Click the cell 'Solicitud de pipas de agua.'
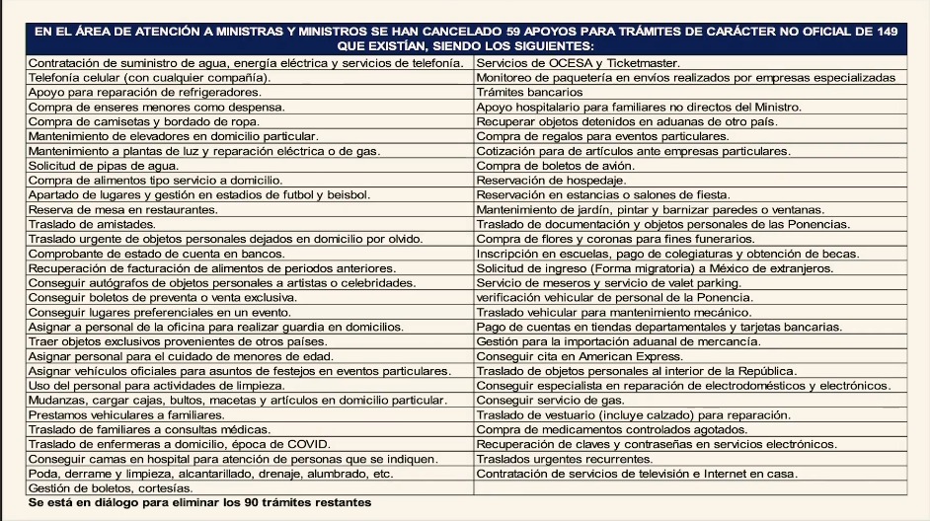click(x=98, y=166)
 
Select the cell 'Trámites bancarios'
click(x=528, y=92)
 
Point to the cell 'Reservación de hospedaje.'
click(x=550, y=181)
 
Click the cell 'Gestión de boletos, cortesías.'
click(x=110, y=488)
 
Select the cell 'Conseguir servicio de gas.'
click(x=550, y=401)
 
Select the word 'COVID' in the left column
click(x=309, y=444)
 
